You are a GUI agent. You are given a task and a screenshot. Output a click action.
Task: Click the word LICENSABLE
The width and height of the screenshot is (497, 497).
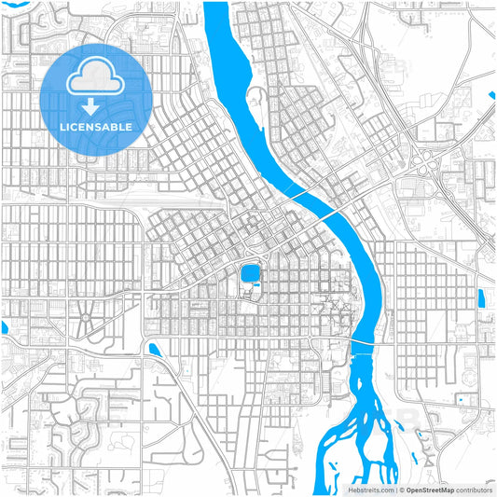point(96,126)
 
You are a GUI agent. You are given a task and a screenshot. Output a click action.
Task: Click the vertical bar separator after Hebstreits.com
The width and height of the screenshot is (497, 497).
point(396,489)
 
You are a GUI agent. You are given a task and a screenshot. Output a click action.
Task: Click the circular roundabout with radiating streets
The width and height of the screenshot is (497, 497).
point(85,320)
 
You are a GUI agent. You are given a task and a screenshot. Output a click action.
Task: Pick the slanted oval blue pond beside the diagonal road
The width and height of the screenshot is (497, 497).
point(154,349)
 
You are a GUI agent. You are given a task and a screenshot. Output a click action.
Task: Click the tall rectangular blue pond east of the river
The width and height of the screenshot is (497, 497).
point(481,298)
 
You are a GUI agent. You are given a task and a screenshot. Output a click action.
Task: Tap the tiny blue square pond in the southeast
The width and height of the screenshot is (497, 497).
point(461,399)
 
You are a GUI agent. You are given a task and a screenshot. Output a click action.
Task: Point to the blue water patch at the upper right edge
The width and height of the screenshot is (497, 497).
point(492,94)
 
